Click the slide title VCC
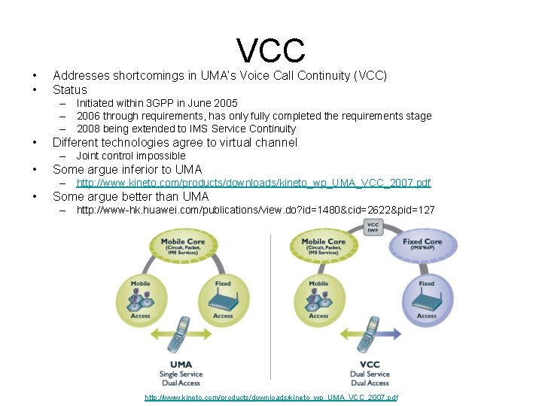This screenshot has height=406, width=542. pos(271,50)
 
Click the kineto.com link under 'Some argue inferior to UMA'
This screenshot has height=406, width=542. pos(254,183)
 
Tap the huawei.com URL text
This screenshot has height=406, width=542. pos(255,210)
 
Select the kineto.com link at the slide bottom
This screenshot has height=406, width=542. pos(271,397)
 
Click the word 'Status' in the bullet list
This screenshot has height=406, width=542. pos(70,89)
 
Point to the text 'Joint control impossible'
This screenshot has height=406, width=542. pos(131,156)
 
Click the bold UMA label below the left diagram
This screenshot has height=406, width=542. pos(181,365)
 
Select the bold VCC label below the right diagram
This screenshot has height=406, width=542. pos(370,365)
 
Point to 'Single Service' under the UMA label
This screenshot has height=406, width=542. pos(181,374)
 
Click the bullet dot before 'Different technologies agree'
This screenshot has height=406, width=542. pos(35,143)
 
